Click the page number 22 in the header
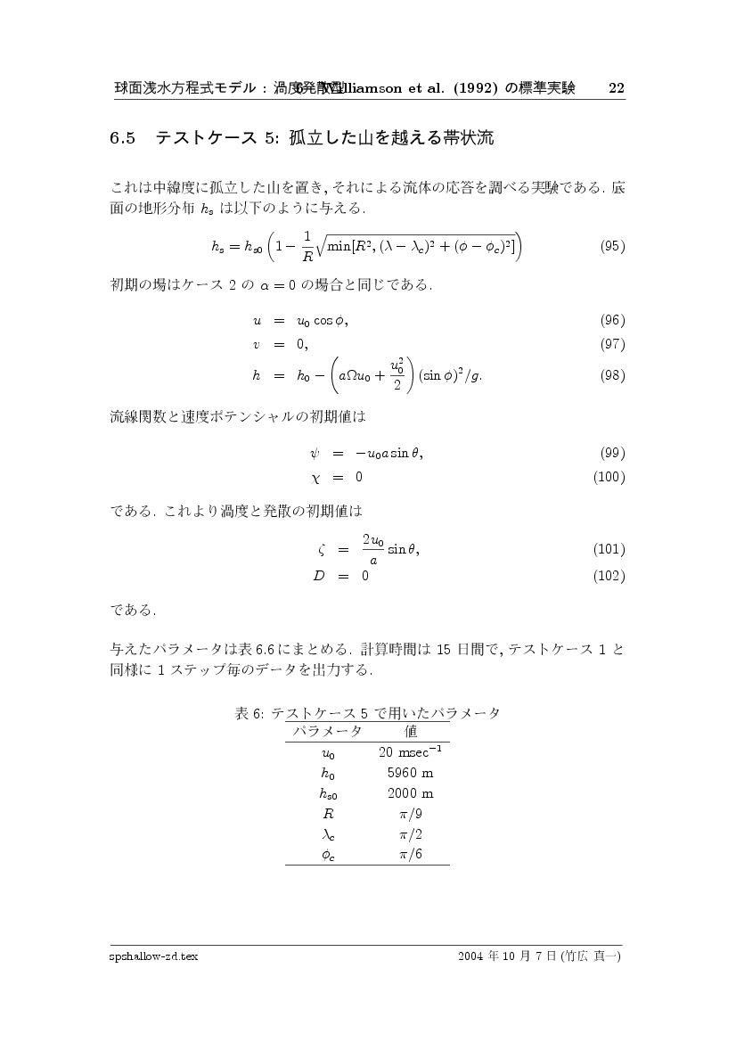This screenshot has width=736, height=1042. tap(616, 88)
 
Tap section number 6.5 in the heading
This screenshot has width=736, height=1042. tap(122, 138)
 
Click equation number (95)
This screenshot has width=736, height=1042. tap(612, 246)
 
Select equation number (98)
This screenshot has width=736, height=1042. tap(612, 375)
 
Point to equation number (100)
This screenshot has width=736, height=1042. tap(609, 477)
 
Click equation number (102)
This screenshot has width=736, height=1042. tap(609, 575)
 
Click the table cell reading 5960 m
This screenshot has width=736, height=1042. tap(411, 773)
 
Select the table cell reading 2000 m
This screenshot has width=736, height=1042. tap(411, 793)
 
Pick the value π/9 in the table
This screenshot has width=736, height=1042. tap(411, 814)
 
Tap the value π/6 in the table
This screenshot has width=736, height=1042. tap(411, 854)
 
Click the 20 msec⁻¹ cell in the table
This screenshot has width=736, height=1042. tap(411, 751)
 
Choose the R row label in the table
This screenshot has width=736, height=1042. tap(328, 814)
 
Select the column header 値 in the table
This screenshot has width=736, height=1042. tap(411, 731)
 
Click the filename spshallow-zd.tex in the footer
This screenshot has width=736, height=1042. tap(153, 956)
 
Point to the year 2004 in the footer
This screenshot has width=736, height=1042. tap(471, 956)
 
